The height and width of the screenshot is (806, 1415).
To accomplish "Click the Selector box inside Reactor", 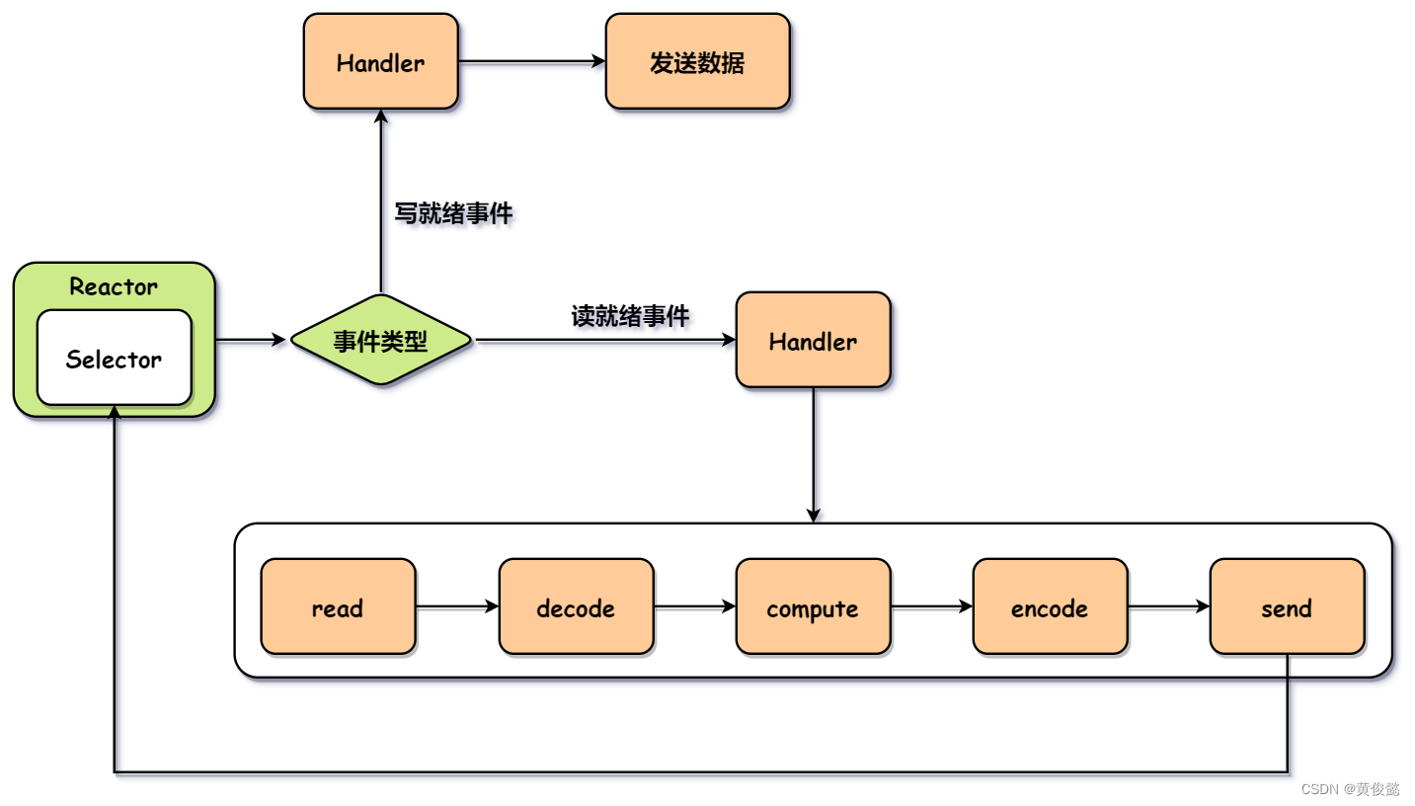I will coord(114,359).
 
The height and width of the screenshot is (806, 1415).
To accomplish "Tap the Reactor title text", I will coord(114,287).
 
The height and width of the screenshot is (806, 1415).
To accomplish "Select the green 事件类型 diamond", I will coord(380,341).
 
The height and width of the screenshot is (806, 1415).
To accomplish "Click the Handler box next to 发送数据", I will coord(380,62).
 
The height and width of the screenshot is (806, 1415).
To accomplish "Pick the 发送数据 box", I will coord(697,62).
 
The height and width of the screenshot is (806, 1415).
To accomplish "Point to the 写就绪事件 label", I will coord(453,213).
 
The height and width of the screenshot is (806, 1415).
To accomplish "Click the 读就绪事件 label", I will coord(630,316).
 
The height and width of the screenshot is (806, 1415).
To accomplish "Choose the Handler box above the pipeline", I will coord(813,341).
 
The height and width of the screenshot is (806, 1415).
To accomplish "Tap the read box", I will coord(338,607).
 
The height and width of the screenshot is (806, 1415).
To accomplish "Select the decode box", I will coord(576,607).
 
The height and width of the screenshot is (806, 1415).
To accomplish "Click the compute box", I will coord(813,607).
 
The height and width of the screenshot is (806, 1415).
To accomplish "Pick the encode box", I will coord(1050,607).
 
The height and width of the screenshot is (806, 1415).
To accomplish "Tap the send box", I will coord(1287,607).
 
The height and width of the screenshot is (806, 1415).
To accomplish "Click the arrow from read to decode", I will coord(457,607).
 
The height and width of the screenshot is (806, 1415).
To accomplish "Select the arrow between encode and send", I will coord(1169,607).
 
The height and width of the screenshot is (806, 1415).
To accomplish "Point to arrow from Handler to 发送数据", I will coord(531,62).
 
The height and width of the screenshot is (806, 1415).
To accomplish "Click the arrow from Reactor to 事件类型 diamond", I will coord(251,341).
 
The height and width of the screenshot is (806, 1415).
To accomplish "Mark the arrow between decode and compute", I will coord(695,607).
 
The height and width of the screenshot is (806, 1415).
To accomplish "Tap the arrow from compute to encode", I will coord(931,607).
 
